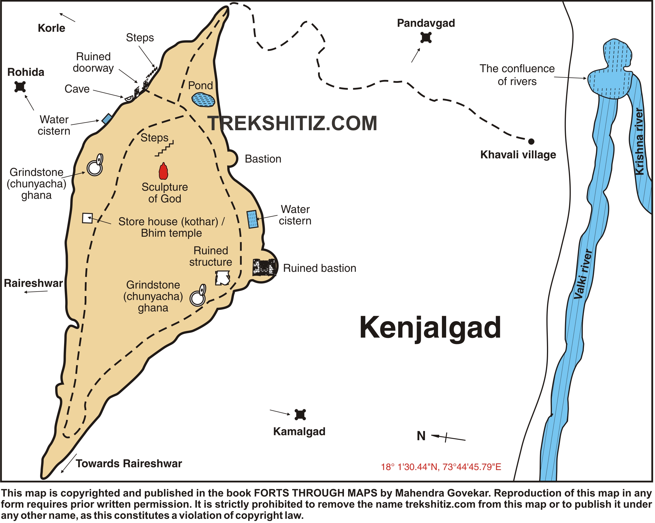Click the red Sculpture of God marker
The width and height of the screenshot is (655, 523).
(x=164, y=171)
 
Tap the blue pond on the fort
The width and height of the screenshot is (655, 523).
(x=203, y=100)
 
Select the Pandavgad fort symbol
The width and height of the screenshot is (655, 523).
(x=426, y=38)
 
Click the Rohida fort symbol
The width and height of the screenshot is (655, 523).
(x=20, y=87)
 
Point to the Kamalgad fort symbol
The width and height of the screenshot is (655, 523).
(x=300, y=415)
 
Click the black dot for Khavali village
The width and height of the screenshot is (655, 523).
(x=531, y=141)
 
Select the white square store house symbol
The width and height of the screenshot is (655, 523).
(x=87, y=218)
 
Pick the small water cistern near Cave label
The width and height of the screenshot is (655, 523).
(x=107, y=118)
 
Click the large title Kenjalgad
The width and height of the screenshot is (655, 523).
(x=430, y=328)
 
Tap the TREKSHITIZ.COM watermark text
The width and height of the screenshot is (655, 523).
(x=292, y=124)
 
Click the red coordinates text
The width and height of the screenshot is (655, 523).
(x=441, y=467)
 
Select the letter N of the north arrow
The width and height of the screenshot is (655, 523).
(x=421, y=436)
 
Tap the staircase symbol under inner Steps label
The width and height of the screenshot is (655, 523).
(x=164, y=149)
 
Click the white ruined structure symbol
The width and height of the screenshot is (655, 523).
(x=223, y=278)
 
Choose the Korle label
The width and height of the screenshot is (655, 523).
(x=51, y=28)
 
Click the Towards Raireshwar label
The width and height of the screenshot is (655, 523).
(x=129, y=464)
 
